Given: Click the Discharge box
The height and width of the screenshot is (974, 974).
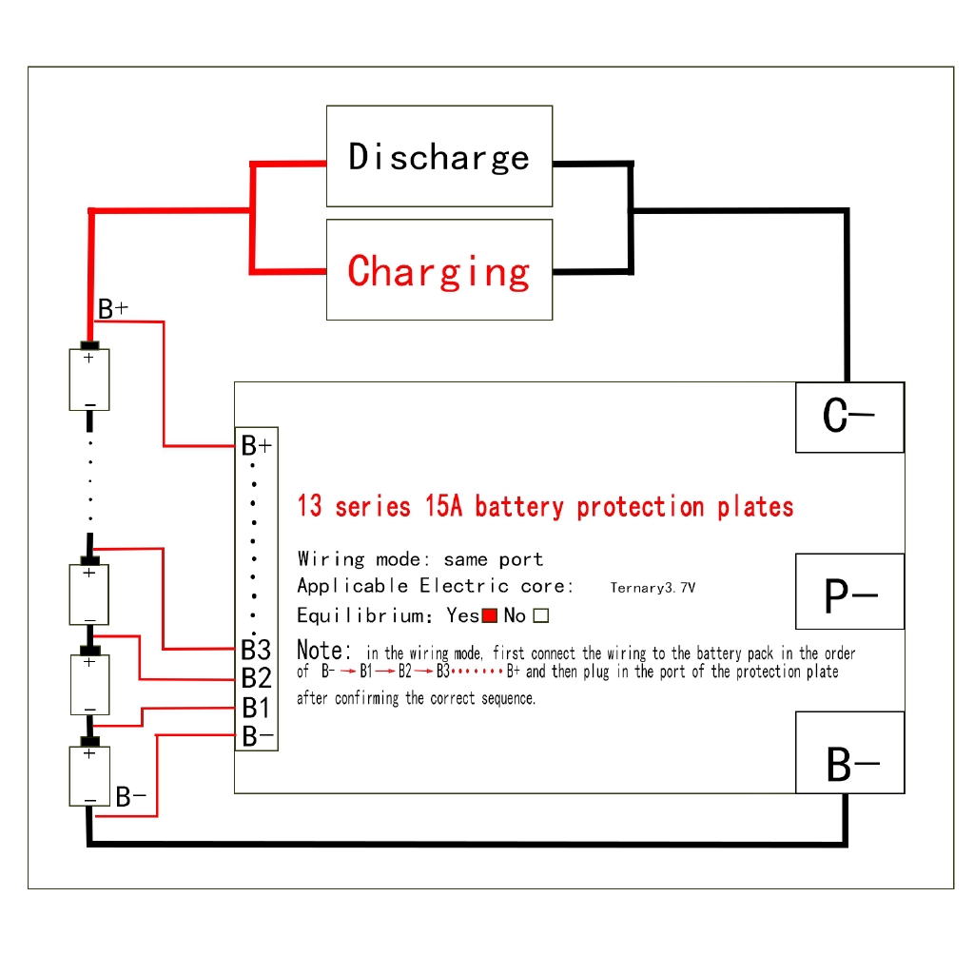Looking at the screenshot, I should tap(438, 156).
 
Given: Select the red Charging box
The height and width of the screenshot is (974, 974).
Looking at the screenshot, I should tap(438, 270).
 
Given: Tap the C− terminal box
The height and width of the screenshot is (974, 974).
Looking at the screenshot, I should tap(849, 417).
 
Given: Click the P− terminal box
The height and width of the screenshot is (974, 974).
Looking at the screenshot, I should tap(849, 592).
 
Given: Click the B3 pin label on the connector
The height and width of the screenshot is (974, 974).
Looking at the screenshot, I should tap(256, 650).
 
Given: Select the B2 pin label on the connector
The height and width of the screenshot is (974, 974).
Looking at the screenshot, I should tap(256, 678).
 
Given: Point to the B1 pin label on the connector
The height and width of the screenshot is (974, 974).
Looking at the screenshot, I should tap(256, 708).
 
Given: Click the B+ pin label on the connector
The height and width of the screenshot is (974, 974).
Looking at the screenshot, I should tap(257, 445).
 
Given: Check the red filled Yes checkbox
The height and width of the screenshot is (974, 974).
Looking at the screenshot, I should tap(490, 615).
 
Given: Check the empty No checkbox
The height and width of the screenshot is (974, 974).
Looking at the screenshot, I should tap(541, 615).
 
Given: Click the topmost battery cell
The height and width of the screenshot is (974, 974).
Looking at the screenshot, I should tap(89, 379).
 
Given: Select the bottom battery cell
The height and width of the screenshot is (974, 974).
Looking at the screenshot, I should tap(89, 776).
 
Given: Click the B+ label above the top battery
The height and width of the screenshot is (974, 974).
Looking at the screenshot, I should tap(113, 309).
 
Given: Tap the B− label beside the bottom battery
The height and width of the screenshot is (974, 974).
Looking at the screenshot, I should tap(131, 797).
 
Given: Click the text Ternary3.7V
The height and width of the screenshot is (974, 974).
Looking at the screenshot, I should tap(652, 588).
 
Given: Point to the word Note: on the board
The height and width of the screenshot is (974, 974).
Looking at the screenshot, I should tap(324, 652).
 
